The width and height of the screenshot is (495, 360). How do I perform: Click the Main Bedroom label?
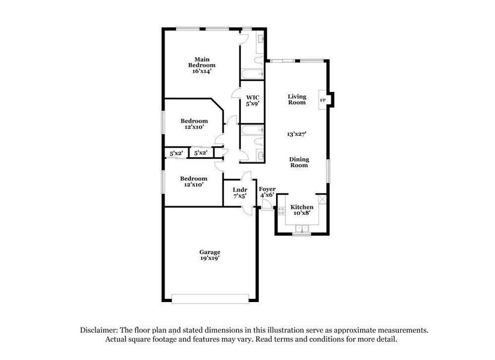202,62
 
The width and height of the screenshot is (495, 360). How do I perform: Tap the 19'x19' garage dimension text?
210,258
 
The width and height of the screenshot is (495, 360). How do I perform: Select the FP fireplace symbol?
322,100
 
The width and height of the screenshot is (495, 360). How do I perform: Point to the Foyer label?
267,189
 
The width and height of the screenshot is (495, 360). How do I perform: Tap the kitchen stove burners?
282,210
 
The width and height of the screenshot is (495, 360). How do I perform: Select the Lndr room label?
240,190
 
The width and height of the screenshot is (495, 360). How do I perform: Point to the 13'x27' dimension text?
298,134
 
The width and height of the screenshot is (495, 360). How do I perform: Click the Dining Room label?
299,162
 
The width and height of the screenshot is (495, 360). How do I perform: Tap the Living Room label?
297,99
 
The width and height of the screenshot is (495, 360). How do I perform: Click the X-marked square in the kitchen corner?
322,199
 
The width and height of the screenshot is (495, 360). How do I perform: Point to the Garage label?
210,252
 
